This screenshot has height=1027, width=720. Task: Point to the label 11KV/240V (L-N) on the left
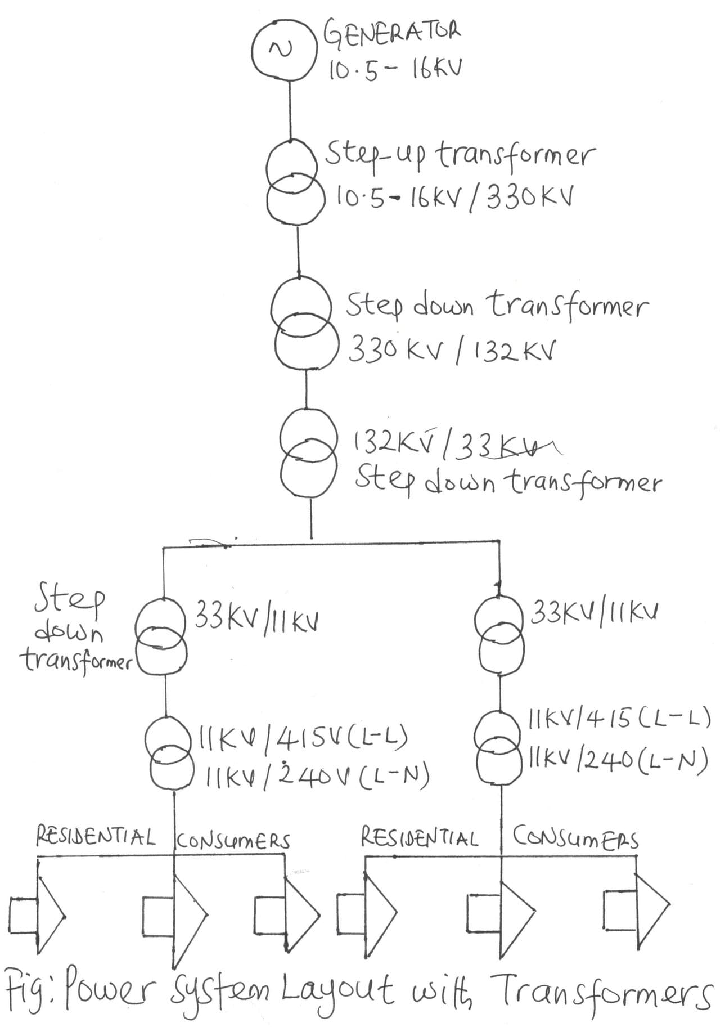317,777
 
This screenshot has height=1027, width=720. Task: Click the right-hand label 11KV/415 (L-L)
619,720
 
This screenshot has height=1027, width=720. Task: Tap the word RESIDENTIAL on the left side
96,836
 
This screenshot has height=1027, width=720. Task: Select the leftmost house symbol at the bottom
37,912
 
